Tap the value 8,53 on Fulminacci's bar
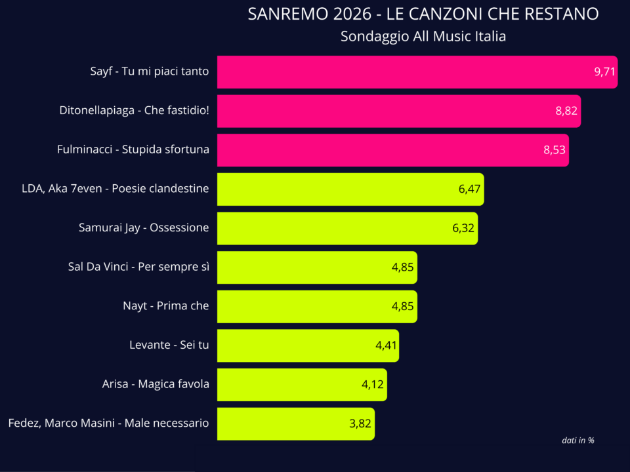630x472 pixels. point(555,150)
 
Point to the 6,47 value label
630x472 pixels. point(470,189)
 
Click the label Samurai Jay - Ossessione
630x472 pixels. point(144,228)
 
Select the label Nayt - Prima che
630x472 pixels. point(166,306)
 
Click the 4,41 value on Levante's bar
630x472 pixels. point(387,345)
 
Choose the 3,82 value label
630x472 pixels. point(360,423)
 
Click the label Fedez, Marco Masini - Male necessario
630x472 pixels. point(108,423)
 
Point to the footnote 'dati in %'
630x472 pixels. point(577,441)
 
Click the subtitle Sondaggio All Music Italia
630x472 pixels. point(423,37)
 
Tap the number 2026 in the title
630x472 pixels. point(343,14)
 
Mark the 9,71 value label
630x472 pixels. point(604,72)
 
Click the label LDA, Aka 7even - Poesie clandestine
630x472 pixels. point(115,189)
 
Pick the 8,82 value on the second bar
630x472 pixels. point(566,111)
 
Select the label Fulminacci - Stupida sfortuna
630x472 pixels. point(133,149)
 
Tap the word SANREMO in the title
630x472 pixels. point(280,14)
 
